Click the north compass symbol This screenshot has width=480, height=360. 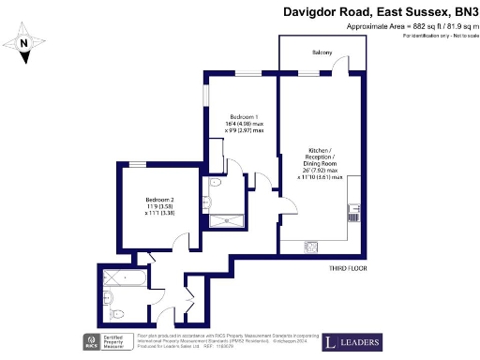coord(25,43)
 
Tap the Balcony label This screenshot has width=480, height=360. coord(322,53)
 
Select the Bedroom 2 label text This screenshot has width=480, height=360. coord(159,200)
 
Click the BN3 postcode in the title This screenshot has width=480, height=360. coord(463,10)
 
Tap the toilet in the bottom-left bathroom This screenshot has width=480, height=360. coord(110,299)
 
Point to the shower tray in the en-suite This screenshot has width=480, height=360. coord(224,221)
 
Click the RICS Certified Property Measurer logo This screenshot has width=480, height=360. coord(106,341)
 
